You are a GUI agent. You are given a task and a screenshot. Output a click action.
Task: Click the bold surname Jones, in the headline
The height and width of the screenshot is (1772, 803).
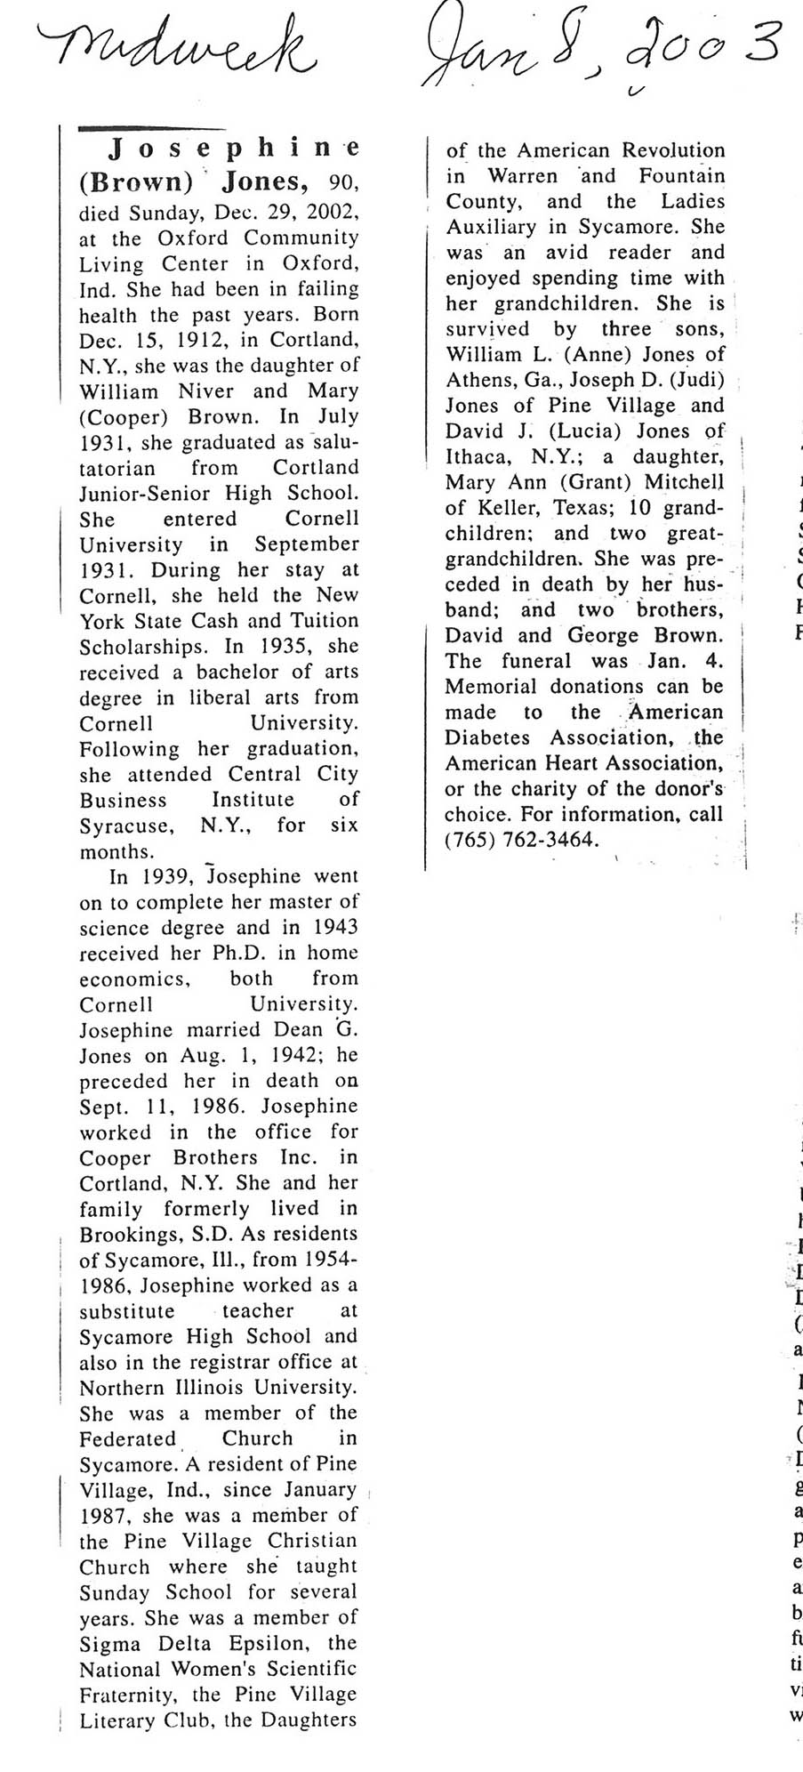pos(264,181)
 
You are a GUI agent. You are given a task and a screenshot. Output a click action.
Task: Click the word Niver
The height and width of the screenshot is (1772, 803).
pos(205,391)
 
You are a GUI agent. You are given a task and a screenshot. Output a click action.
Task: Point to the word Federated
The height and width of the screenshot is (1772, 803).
pos(128,1439)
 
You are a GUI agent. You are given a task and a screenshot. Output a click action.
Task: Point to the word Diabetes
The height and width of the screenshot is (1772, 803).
pos(487,738)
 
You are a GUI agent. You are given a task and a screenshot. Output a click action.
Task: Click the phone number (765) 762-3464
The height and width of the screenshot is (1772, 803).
pos(522,840)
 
